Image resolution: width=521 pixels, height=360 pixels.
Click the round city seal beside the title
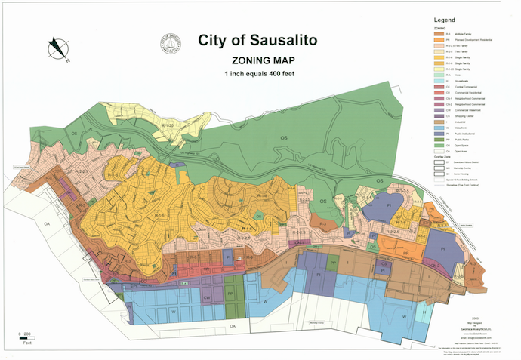point(171,44)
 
